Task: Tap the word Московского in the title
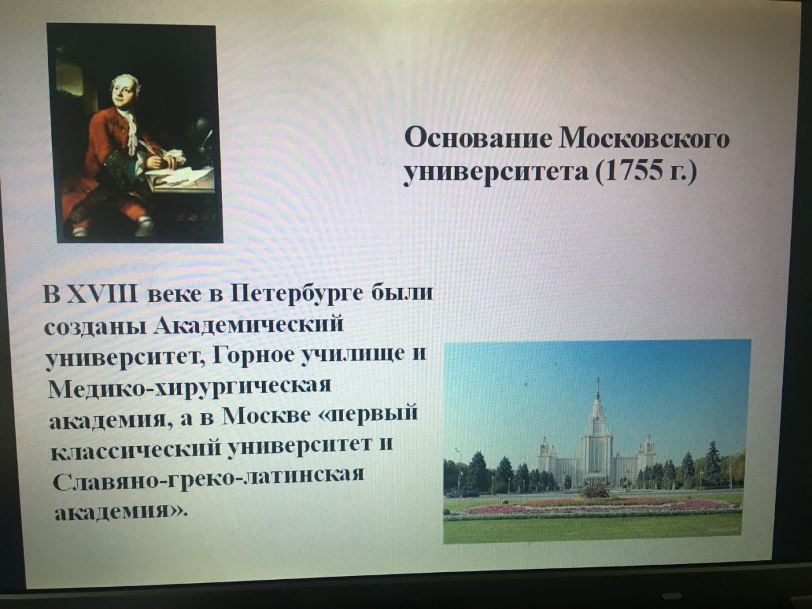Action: click(645, 139)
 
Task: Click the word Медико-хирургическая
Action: click(190, 388)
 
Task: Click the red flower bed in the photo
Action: click(592, 507)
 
